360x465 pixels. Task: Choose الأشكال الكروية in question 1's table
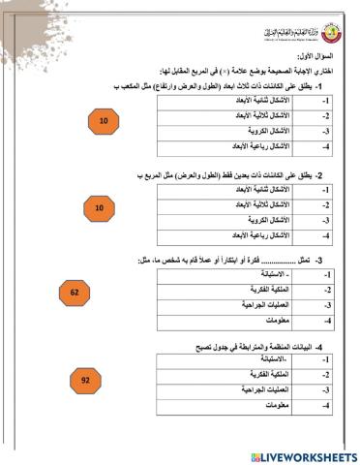click(262, 131)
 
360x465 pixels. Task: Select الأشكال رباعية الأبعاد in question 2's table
click(256, 235)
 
